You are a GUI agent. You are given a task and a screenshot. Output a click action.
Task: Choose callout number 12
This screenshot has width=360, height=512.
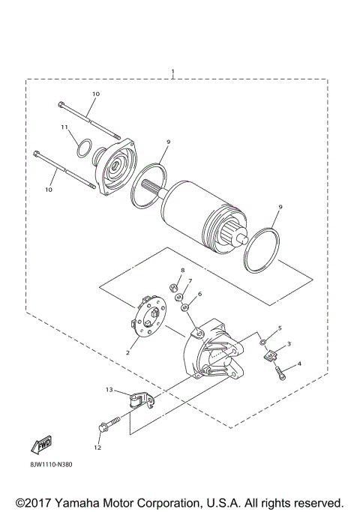(x=97, y=448)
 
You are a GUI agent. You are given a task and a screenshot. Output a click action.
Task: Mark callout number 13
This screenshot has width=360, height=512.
(x=109, y=390)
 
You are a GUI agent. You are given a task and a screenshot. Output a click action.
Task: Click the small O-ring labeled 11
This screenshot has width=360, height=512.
(x=85, y=148)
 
